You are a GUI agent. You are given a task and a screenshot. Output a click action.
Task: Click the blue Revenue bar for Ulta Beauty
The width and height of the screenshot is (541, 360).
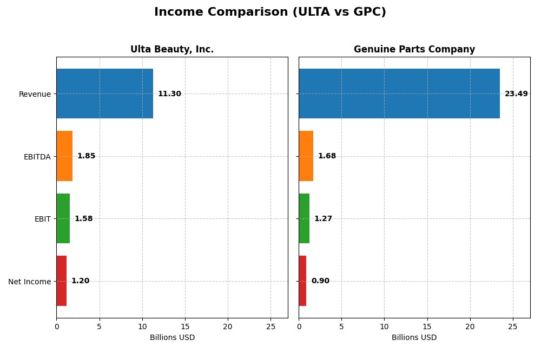coord(104,94)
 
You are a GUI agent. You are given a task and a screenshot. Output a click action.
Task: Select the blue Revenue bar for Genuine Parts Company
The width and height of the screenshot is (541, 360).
coord(399,94)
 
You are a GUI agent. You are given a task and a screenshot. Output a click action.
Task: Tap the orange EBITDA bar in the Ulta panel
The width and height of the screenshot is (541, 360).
coord(64,156)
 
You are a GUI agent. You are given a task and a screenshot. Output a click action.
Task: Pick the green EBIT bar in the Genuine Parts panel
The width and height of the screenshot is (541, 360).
coord(304,218)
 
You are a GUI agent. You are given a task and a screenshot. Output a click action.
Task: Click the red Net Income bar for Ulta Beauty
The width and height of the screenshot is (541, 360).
coord(62,281)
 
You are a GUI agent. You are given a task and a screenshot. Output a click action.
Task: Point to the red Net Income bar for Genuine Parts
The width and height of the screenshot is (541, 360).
coord(302,281)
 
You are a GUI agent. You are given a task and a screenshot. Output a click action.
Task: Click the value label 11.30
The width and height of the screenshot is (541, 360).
coord(169,94)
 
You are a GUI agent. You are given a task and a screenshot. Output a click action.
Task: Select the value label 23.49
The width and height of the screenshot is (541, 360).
coord(516,94)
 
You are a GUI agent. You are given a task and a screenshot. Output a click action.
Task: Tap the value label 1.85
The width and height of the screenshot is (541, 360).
coord(86,156)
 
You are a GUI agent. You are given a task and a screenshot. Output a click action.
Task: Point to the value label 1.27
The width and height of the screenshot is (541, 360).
coord(323,219)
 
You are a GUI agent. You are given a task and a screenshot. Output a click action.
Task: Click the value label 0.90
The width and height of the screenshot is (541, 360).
coord(320,281)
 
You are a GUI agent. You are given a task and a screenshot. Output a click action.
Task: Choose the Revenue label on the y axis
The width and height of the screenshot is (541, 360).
coord(35,94)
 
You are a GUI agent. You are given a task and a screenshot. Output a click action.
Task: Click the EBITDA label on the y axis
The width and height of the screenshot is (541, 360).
coord(37,157)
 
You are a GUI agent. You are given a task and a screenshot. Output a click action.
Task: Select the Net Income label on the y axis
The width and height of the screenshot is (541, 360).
coord(29,282)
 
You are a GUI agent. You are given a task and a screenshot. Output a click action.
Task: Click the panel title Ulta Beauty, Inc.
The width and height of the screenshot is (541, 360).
coord(172,50)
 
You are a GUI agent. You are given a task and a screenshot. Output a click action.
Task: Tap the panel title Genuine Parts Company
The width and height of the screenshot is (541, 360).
coord(414,50)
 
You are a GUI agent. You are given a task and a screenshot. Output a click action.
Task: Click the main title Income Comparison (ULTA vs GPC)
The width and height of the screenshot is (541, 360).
coord(270,12)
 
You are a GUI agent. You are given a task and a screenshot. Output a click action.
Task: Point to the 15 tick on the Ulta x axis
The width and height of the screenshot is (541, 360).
coord(185,326)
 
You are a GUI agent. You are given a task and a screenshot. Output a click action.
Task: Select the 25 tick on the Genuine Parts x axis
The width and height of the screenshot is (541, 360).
coord(513,326)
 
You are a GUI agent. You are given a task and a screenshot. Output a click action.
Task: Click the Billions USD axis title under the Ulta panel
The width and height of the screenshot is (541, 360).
coord(172,338)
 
